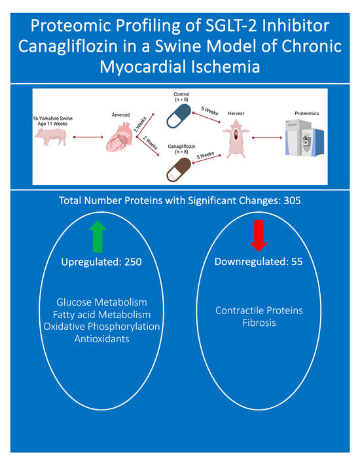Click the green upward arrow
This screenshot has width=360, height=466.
[98, 236]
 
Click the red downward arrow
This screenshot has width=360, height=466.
[259, 236]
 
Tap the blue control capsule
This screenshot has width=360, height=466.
[179, 116]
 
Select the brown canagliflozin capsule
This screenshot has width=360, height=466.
[179, 170]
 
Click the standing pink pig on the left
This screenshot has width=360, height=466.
[50, 136]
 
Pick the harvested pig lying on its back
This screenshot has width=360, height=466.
[236, 138]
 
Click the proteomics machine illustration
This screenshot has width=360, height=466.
[304, 137]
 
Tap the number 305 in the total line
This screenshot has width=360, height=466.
[292, 200]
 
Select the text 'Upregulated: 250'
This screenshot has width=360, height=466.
[101, 262]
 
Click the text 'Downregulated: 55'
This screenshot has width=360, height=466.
[259, 262]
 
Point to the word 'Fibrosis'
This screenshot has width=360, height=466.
[259, 323]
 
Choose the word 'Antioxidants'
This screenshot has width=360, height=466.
[101, 339]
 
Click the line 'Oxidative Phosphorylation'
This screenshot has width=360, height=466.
[101, 327]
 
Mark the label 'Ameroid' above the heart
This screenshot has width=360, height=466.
[120, 115]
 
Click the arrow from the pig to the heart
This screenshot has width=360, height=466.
[88, 137]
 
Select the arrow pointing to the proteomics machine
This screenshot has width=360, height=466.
[267, 137]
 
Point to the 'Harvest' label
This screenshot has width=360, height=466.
[236, 113]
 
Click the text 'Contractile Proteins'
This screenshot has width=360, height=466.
[259, 310]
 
